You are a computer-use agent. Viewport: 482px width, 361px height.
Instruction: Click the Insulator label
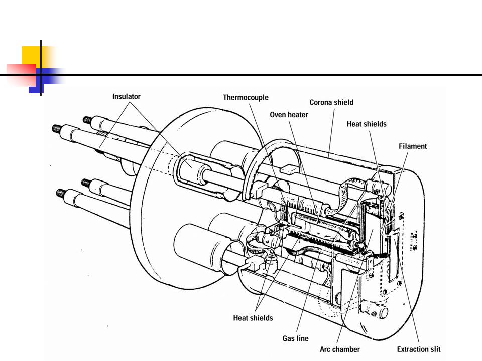pos(127,96)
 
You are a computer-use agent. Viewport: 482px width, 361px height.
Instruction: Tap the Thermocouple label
pos(246,98)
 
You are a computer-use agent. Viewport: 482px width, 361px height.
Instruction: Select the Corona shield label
pos(331,102)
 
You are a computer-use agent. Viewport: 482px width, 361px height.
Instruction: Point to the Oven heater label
pos(289,115)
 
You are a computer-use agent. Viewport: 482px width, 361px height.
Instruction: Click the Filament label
pos(413,146)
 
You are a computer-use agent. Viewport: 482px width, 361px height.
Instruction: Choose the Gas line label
pos(295,338)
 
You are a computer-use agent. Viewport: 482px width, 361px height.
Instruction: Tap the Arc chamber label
pos(340,349)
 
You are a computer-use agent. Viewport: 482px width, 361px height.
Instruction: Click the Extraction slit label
pos(419,349)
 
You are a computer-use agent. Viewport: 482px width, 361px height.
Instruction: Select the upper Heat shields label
pos(367,124)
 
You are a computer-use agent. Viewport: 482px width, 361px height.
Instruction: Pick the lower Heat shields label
pos(253,318)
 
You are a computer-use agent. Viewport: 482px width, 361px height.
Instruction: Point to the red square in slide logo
pos(21,74)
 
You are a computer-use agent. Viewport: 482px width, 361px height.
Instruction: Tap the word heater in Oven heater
pos(298,115)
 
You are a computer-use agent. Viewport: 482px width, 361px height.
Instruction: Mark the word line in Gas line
pos(302,338)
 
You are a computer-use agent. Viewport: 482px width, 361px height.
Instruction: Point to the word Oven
pos(278,115)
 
